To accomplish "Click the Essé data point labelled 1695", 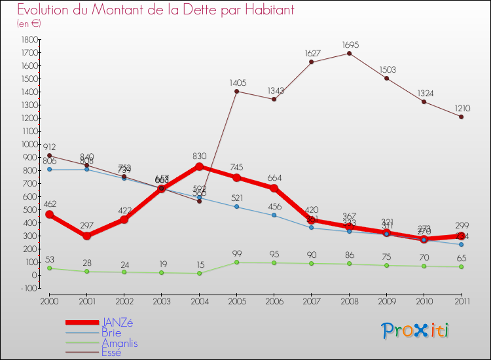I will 349,53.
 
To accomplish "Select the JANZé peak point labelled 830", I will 199,166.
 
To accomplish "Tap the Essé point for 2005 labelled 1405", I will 236,91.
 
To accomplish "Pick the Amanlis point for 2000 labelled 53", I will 49,268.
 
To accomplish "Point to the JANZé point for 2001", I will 86,236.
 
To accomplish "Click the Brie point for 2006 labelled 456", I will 274,215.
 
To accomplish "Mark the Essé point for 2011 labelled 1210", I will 462,117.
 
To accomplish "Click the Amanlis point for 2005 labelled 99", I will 236,262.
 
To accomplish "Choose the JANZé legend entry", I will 118,322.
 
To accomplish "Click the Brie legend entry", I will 111,333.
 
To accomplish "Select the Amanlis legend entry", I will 119,343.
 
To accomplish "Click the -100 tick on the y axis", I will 28,288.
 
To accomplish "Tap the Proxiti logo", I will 415,331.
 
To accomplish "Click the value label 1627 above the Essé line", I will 312,53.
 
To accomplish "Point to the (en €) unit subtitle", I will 29,23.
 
